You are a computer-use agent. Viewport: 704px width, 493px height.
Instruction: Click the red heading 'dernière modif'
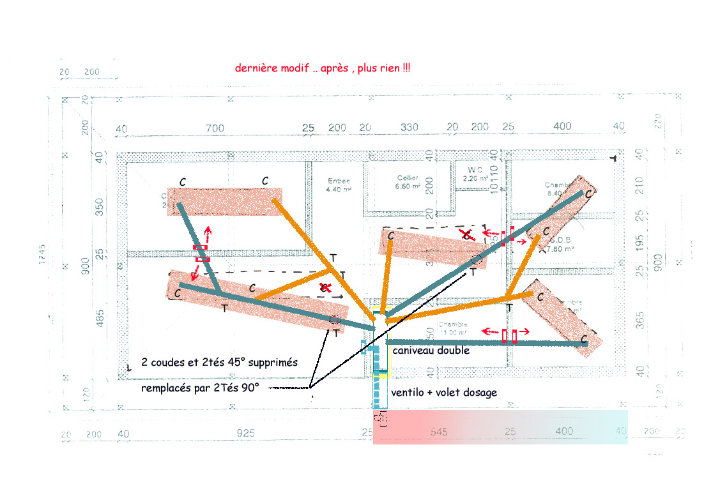323,68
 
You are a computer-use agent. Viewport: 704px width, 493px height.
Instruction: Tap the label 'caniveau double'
431,350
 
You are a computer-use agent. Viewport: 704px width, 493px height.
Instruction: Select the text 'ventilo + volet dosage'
443,392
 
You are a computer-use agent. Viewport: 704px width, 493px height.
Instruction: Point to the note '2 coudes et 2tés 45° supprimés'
219,362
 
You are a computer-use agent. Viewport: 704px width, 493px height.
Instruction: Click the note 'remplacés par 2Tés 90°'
200,388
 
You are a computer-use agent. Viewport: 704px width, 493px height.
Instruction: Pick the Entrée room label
339,185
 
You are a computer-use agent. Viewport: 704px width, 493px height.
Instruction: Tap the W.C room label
474,174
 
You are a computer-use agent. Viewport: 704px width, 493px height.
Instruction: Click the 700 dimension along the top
215,128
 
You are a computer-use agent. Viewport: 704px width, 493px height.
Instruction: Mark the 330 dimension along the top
409,127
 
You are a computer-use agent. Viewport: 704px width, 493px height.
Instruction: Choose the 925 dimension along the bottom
245,433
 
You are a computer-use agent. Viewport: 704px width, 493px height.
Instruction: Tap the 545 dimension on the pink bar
439,432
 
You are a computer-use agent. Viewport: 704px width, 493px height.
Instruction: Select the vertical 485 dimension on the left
99,315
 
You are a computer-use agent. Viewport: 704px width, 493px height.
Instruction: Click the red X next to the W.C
468,235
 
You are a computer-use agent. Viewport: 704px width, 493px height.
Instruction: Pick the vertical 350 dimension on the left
99,206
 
